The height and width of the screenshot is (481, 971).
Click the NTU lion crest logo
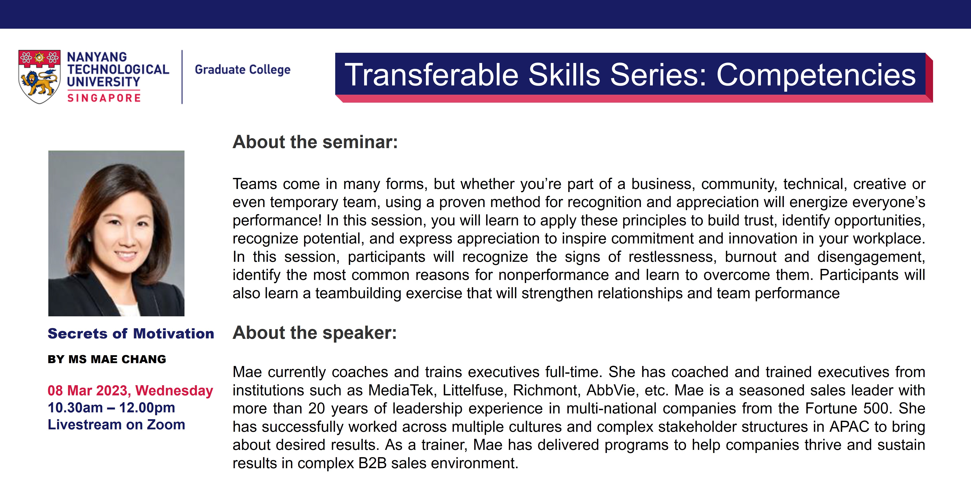coord(40,77)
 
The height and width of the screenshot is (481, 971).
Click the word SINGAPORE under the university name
coord(104,98)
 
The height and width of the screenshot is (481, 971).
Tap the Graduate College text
coord(242,70)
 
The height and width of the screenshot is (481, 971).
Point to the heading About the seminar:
coord(315,142)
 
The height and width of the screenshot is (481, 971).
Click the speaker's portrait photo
coord(116,233)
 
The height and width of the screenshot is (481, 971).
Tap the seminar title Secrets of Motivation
coord(131,334)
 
